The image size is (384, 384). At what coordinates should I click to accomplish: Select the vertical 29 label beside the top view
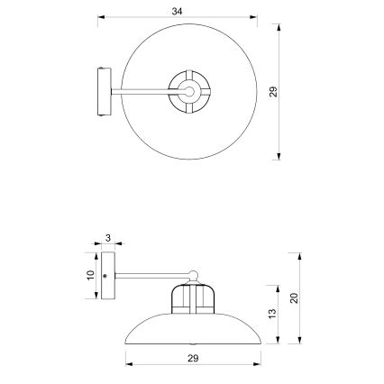pos(272,91)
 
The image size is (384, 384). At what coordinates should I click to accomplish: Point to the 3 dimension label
pos(107,238)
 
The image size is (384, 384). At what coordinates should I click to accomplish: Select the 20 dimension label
pos(295,297)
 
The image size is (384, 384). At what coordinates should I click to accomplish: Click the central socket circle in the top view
pos(190,90)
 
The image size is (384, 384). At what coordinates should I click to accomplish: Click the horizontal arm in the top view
pos(140,91)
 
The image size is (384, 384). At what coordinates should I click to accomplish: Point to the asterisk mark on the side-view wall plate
pos(105,274)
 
